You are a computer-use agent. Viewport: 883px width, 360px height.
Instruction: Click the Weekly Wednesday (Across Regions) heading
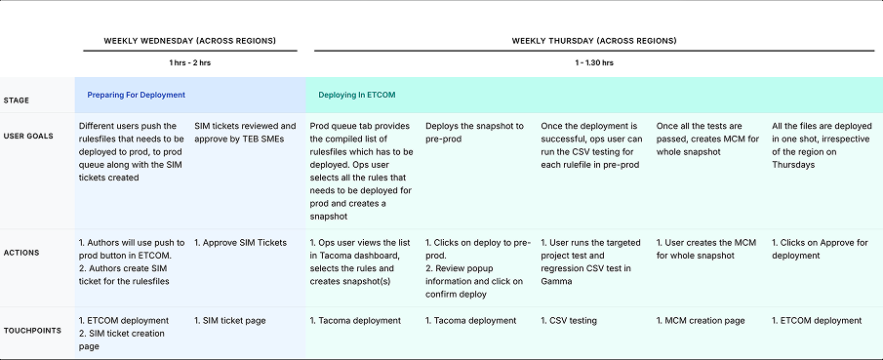(x=189, y=41)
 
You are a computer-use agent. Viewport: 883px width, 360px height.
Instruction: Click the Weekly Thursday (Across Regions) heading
(x=594, y=41)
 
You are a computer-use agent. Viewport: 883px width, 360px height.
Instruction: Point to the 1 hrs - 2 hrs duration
(x=190, y=62)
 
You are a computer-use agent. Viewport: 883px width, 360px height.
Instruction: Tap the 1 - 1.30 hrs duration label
(x=594, y=62)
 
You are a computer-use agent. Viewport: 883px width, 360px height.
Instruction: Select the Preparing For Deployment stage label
(x=136, y=95)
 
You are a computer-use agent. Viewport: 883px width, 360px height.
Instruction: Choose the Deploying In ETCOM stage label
(x=356, y=95)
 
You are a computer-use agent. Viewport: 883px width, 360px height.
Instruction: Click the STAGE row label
(x=17, y=100)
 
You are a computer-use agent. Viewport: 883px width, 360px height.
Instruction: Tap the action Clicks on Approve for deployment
(x=819, y=248)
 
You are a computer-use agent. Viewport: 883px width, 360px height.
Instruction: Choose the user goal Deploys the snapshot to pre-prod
(x=474, y=132)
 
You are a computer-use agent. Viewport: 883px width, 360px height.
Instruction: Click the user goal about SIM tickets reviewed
(x=245, y=132)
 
